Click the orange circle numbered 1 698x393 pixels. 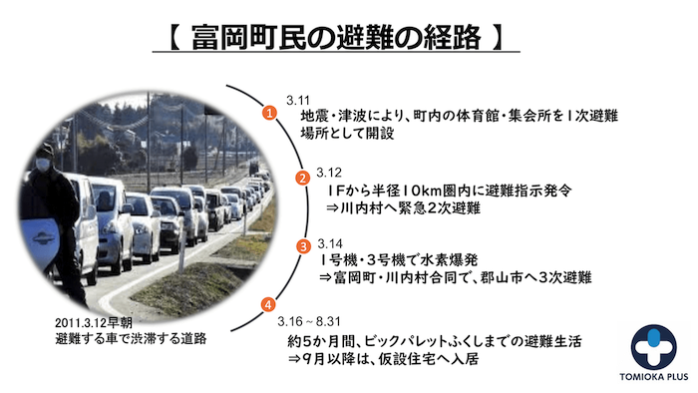point(268,115)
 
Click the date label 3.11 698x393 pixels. point(298,101)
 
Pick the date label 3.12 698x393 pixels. point(329,171)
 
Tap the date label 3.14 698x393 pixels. point(329,242)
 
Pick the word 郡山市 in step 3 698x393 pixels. point(512,277)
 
